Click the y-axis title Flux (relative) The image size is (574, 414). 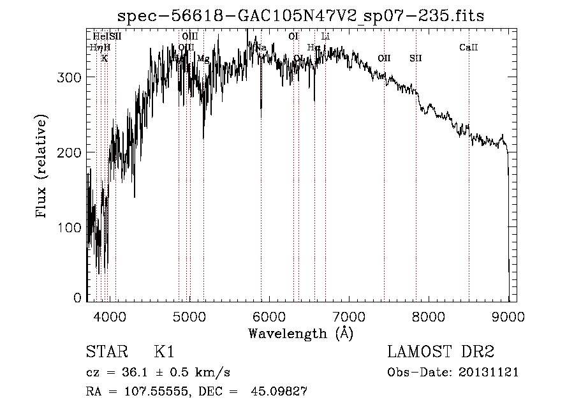[43, 167]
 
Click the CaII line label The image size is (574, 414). [469, 48]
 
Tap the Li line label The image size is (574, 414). [325, 36]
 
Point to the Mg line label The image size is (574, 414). [203, 59]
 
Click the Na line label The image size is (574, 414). [261, 48]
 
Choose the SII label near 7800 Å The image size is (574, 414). [416, 59]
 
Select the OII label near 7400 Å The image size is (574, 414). [384, 59]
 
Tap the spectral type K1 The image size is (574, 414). [164, 352]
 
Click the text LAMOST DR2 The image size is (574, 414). [441, 352]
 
